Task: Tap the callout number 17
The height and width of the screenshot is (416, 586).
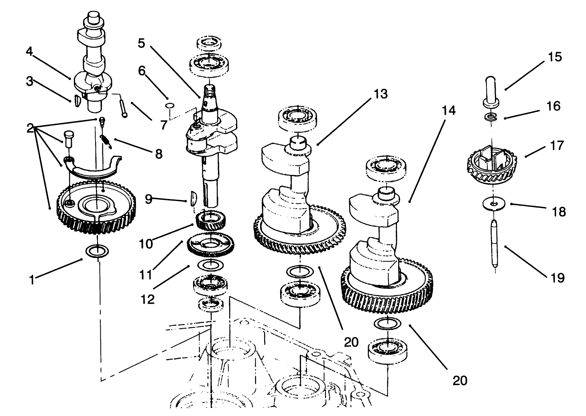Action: pyautogui.click(x=557, y=145)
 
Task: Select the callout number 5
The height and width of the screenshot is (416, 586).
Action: pyautogui.click(x=141, y=43)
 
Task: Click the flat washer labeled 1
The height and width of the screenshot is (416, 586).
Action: pyautogui.click(x=97, y=252)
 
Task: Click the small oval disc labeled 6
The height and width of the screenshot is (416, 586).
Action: pyautogui.click(x=170, y=106)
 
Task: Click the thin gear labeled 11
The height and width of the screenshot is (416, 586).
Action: pyautogui.click(x=211, y=244)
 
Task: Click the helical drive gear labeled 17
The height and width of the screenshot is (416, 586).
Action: pyautogui.click(x=492, y=164)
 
